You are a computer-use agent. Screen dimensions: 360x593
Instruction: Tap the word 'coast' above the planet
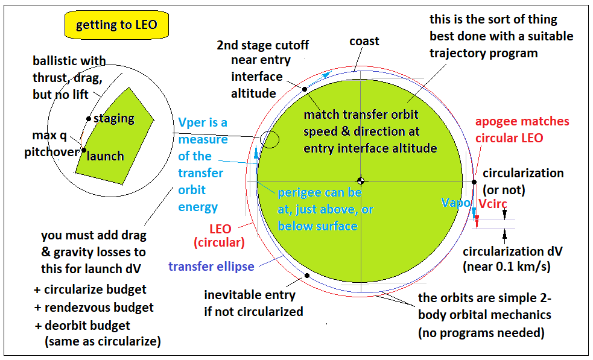[364, 41]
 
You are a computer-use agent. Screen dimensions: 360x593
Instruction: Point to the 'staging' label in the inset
[113, 118]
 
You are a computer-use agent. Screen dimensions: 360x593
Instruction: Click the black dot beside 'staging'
[89, 119]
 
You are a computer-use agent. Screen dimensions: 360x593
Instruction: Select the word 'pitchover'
[52, 152]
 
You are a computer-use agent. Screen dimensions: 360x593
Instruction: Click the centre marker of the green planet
[360, 181]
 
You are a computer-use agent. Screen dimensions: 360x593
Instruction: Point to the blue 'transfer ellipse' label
[211, 267]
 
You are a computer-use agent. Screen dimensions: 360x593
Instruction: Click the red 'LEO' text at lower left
[220, 230]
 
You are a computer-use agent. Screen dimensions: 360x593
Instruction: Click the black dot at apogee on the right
[474, 181]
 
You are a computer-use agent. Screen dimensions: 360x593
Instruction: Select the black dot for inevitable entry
[307, 276]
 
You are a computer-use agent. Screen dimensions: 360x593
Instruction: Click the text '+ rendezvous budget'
[94, 308]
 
